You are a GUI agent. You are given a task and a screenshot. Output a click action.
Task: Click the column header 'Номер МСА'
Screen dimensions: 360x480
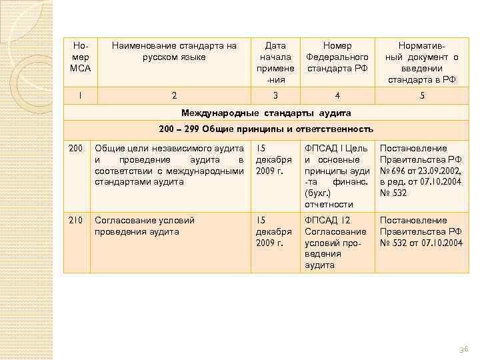(x=80, y=57)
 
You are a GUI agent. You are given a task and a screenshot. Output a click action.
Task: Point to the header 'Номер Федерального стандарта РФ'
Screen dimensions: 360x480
(x=337, y=57)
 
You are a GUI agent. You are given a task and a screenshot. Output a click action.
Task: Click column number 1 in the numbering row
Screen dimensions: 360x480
(x=80, y=95)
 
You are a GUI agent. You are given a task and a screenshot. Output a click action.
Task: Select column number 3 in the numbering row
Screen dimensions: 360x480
(x=275, y=95)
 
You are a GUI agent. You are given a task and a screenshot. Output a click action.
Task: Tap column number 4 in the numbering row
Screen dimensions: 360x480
(x=337, y=95)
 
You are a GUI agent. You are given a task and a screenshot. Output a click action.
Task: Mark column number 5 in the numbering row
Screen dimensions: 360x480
(x=421, y=95)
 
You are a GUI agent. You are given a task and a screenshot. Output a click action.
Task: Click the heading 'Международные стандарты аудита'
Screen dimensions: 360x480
(x=267, y=111)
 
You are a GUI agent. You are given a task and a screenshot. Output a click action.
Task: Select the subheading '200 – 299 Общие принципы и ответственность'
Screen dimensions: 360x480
(x=267, y=129)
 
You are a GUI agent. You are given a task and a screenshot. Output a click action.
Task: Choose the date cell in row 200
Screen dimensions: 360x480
(x=274, y=159)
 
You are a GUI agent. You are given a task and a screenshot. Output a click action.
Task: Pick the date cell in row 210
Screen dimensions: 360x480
(x=274, y=231)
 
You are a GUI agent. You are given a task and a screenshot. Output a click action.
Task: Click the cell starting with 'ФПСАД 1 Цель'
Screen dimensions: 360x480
(x=337, y=176)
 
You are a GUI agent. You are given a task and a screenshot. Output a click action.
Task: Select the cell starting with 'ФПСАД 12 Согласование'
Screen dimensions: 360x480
(x=337, y=243)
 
